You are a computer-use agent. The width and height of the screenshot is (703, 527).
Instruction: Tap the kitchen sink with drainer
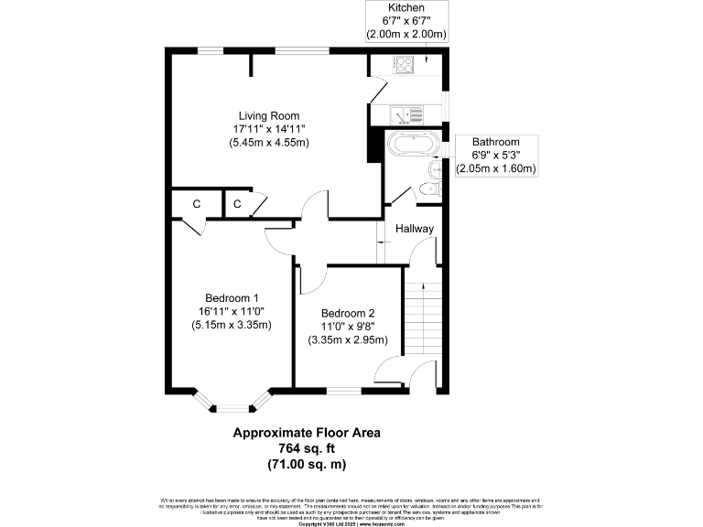coord(406,114)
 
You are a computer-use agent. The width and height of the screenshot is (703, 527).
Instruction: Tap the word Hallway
coord(414,228)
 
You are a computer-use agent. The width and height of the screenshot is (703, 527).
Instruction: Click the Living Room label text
coord(269,115)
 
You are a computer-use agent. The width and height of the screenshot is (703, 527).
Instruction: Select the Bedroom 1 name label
coord(232,297)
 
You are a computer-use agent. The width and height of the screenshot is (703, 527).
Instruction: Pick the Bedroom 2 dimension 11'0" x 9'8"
coord(347,326)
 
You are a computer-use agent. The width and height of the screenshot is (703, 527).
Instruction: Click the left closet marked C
coord(197,204)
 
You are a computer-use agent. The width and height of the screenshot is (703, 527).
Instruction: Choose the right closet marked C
coord(237,204)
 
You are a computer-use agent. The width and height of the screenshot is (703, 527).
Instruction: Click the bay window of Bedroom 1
coord(232,403)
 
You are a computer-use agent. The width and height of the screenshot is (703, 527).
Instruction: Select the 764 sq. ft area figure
coord(306,448)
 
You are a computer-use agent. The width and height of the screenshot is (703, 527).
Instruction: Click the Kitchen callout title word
coord(406,7)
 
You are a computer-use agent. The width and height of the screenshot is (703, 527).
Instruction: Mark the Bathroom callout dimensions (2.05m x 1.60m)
coord(495,169)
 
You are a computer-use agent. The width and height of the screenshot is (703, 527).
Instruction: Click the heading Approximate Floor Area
coord(306,433)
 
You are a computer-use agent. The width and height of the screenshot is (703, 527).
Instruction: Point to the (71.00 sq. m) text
coord(306,464)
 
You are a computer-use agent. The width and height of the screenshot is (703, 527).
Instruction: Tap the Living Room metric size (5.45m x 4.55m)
coord(269,143)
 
